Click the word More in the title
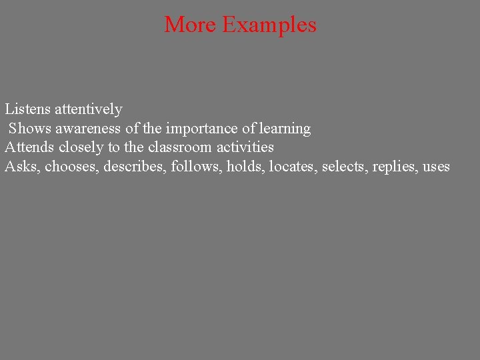pyautogui.click(x=190, y=25)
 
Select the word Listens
pyautogui.click(x=27, y=109)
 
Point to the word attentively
pyautogui.click(x=89, y=109)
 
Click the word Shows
pyautogui.click(x=29, y=128)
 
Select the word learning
pyautogui.click(x=285, y=129)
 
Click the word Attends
pyautogui.click(x=29, y=147)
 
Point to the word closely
pyautogui.click(x=80, y=147)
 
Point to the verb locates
pyautogui.click(x=293, y=166)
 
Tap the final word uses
pyautogui.click(x=437, y=167)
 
